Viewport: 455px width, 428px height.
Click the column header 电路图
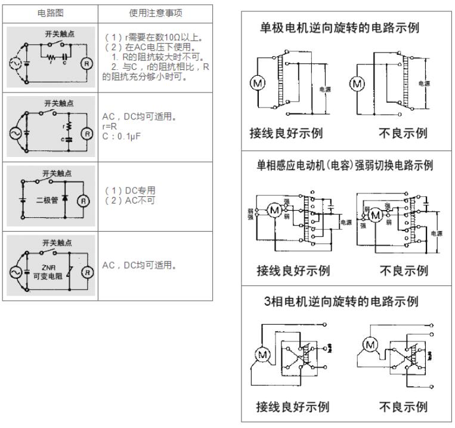[x=52, y=11]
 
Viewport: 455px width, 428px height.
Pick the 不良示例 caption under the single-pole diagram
[x=403, y=133]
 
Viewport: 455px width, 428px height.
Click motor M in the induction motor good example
[x=275, y=211]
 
